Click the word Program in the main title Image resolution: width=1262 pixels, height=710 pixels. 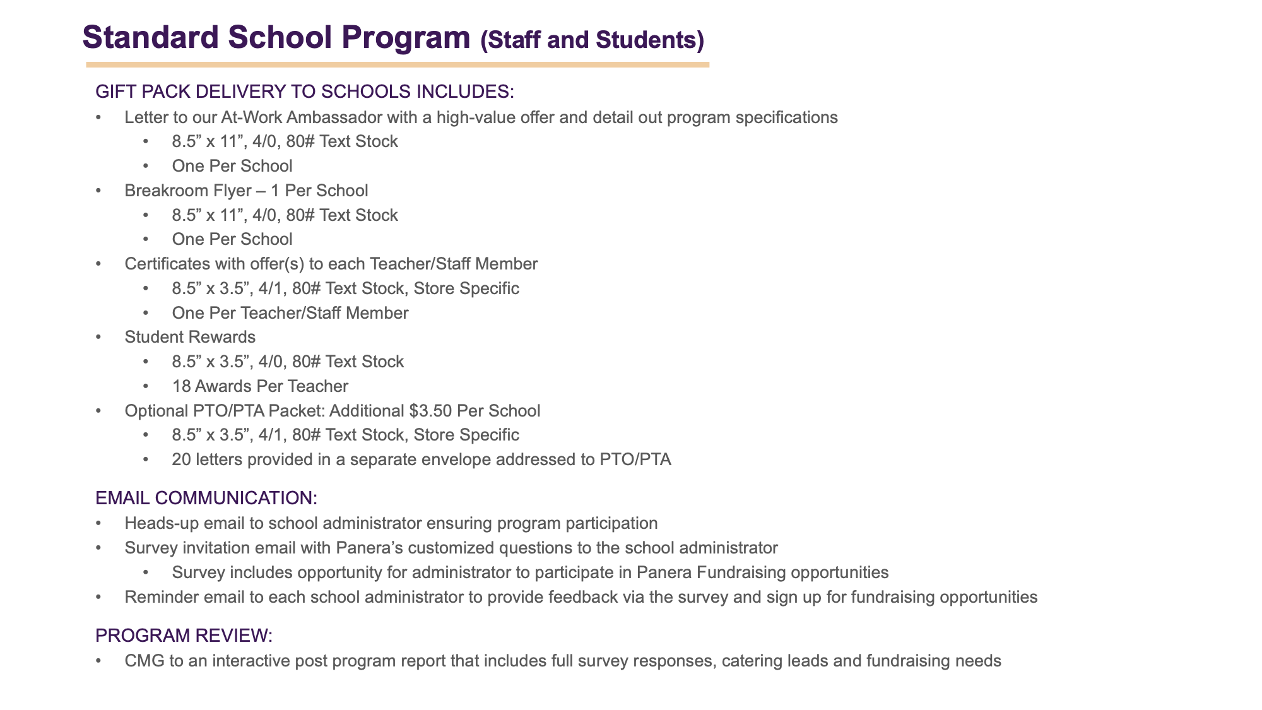coord(406,38)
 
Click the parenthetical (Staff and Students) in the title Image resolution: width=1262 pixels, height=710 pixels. coord(592,40)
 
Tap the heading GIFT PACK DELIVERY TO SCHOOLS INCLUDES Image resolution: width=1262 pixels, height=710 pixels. coord(305,92)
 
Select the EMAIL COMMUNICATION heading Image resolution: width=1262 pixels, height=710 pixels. coord(206,498)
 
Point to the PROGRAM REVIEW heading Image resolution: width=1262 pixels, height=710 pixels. coord(184,636)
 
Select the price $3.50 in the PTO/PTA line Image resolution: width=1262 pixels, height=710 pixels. coord(430,411)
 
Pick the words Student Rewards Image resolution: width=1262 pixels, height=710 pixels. coord(190,337)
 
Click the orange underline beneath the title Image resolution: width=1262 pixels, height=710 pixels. coord(398,64)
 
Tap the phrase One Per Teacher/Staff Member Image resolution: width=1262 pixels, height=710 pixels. coord(290,313)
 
